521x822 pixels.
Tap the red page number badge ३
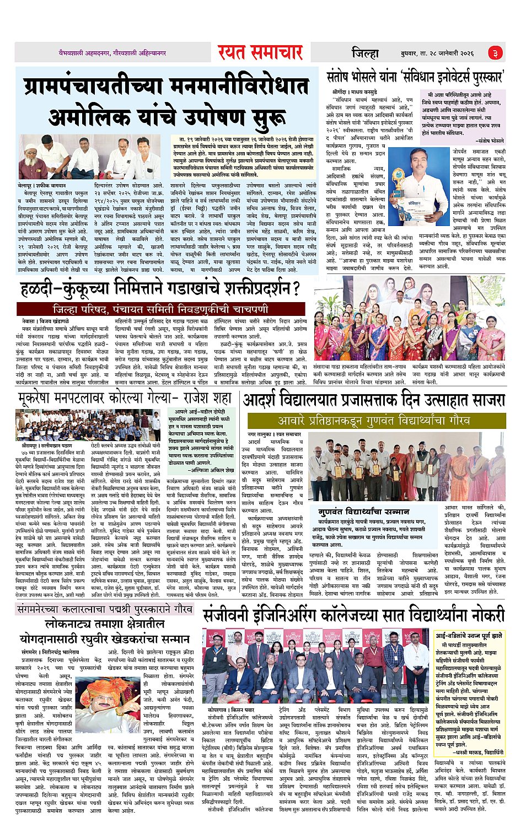click(x=495, y=53)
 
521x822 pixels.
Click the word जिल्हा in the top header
click(x=365, y=53)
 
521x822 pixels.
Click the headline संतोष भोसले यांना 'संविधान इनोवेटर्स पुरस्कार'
click(x=415, y=77)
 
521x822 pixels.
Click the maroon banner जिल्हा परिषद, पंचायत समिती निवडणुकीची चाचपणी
click(x=160, y=309)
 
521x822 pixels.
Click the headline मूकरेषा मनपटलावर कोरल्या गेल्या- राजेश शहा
click(x=125, y=398)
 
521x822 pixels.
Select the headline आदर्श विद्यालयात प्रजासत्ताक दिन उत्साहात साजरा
click(x=374, y=399)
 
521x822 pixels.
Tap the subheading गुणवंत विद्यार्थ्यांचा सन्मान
click(x=363, y=512)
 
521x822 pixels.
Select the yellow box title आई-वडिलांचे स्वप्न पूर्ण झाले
click(x=469, y=636)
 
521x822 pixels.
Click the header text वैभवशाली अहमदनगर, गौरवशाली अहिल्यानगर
click(x=112, y=53)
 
